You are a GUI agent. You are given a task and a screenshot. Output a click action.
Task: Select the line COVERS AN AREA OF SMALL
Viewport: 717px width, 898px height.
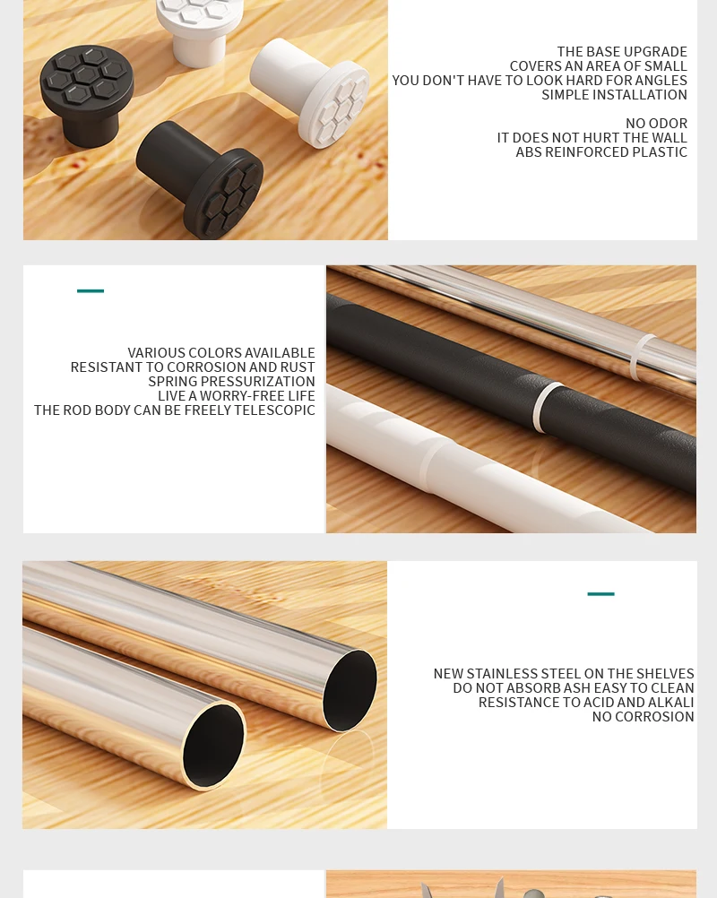tap(598, 66)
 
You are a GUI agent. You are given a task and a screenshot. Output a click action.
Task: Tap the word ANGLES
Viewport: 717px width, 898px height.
tap(661, 81)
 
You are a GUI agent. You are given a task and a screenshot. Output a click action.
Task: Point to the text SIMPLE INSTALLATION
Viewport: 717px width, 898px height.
tap(614, 95)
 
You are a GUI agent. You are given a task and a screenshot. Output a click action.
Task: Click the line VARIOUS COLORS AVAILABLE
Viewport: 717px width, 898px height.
tap(221, 353)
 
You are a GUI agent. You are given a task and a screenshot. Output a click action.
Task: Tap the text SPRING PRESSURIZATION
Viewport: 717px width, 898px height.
tap(231, 382)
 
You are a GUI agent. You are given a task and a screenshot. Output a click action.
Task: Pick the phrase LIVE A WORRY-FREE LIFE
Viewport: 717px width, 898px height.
tap(237, 396)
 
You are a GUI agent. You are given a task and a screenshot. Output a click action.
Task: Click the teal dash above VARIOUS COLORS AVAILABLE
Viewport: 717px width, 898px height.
tap(91, 291)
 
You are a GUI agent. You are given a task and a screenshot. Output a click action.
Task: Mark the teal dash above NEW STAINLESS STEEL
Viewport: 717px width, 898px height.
tap(600, 594)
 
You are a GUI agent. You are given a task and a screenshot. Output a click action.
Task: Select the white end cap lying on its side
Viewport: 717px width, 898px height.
tap(314, 91)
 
